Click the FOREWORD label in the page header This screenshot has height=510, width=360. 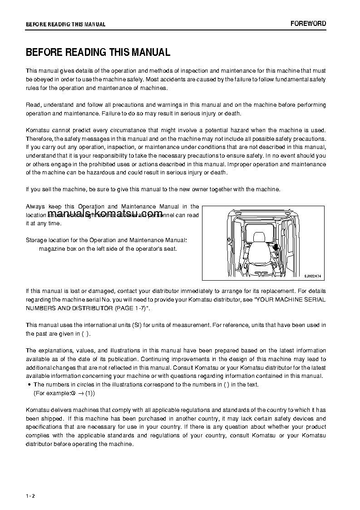[x=308, y=24]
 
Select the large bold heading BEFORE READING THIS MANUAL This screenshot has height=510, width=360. [x=98, y=52]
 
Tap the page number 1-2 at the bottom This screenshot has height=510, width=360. [x=30, y=495]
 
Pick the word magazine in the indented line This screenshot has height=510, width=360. [x=52, y=248]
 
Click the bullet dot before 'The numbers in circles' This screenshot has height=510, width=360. [x=29, y=385]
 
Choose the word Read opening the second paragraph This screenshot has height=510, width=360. [x=33, y=105]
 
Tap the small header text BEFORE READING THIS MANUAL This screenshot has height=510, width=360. [x=65, y=25]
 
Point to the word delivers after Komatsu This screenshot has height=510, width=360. [x=65, y=410]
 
